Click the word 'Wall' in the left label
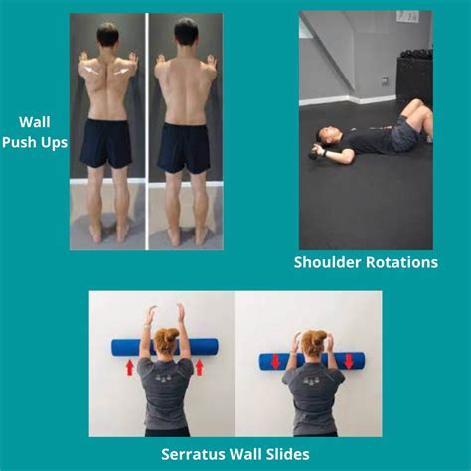pos(34,123)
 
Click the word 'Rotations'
pos(402,262)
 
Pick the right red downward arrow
pos(347,359)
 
